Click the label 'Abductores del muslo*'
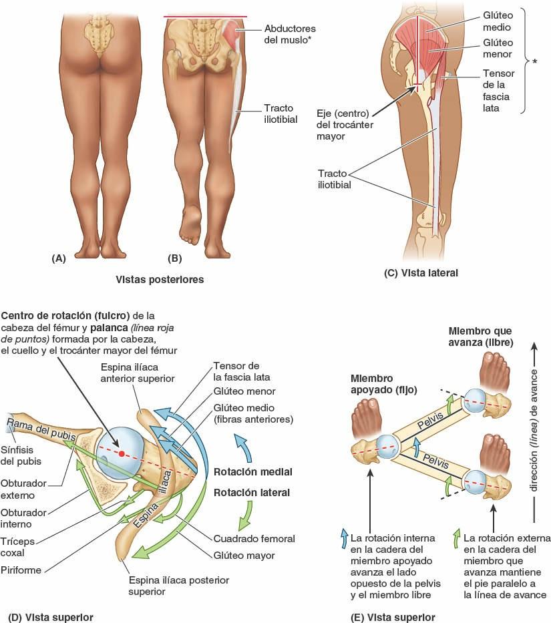(281, 34)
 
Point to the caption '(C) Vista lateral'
(421, 272)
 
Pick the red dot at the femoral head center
(122, 454)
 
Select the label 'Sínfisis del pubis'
(20, 455)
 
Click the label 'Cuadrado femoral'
(254, 538)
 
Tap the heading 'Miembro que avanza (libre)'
(481, 337)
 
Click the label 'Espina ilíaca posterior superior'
(178, 586)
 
